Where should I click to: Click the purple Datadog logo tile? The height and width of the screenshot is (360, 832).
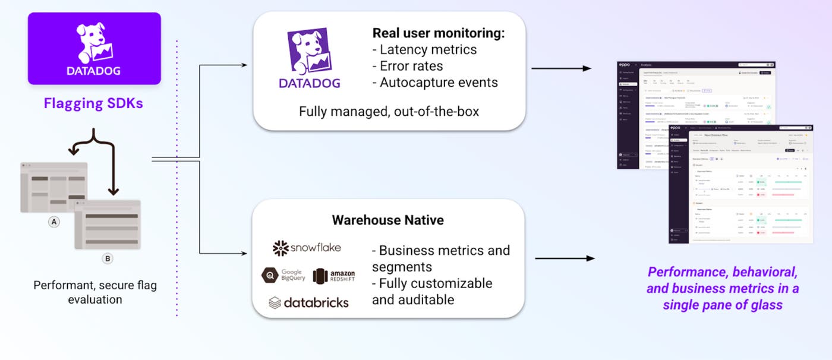coord(94,48)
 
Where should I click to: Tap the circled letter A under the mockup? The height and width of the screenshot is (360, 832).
coord(54,222)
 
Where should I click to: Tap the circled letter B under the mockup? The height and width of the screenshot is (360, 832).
coord(108,258)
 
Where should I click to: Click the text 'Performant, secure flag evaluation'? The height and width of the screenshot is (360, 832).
coord(95,292)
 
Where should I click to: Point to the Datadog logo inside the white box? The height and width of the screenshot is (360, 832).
coord(310,59)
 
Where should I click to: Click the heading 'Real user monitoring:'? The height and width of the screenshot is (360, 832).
coord(438,34)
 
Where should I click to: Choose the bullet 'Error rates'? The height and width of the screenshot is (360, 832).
coord(408,66)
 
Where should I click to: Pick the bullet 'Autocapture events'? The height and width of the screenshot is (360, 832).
coord(435,83)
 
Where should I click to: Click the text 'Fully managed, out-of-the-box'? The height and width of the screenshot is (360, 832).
coord(389,111)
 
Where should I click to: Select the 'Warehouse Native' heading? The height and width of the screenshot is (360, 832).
coord(387,220)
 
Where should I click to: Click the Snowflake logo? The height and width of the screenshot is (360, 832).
coord(307,248)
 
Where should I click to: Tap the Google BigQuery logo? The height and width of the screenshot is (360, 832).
coord(283,275)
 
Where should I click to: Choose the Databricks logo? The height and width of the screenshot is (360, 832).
coord(308,302)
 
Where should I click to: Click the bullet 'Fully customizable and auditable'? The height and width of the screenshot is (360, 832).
coord(432,291)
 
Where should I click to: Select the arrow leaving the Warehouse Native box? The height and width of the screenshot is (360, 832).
coord(565,258)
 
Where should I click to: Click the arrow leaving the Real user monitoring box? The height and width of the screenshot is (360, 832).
coord(561,68)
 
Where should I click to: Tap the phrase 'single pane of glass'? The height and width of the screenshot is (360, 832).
coord(723,305)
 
